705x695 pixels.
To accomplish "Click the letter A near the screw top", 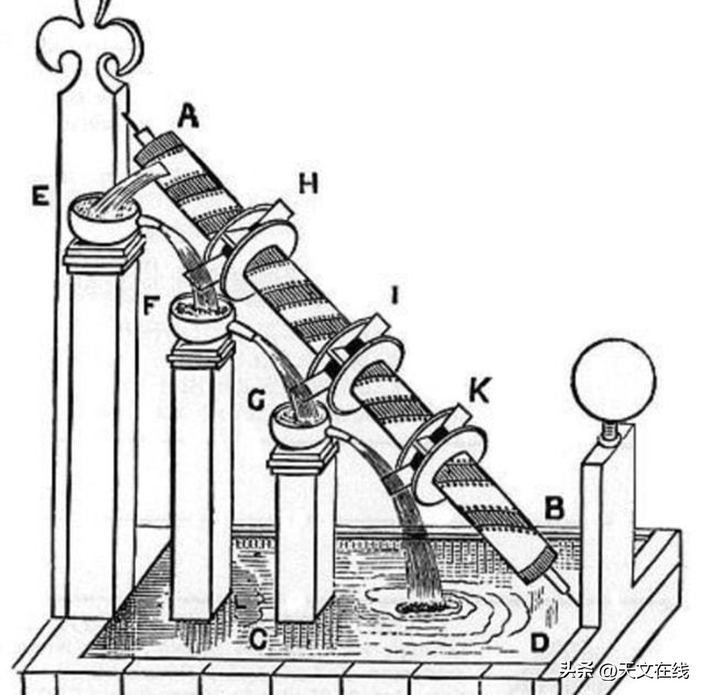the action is [x=188, y=116].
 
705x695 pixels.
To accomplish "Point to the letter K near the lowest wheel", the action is [x=479, y=392].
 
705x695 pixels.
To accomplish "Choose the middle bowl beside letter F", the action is [x=200, y=318].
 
